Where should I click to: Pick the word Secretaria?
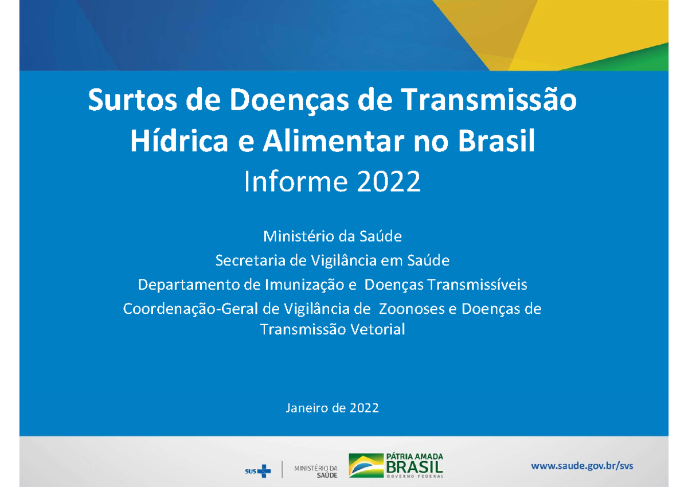click(250, 261)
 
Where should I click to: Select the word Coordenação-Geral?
click(191, 309)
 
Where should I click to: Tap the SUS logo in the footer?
click(257, 471)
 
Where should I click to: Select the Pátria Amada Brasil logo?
click(396, 465)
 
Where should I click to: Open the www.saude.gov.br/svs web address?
click(583, 466)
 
